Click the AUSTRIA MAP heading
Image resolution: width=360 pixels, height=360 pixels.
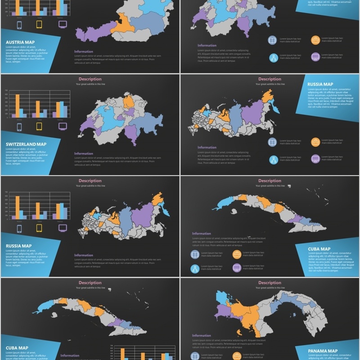tap(20, 42)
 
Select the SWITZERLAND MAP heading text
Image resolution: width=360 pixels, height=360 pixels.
tap(26, 144)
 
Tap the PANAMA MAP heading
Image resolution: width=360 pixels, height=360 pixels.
tap(323, 351)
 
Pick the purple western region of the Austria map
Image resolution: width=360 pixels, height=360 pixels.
tap(92, 33)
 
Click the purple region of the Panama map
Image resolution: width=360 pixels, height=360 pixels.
tap(224, 311)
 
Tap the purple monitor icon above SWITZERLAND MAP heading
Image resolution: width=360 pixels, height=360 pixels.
tap(63, 126)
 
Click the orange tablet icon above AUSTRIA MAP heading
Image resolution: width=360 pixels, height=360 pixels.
tap(39, 24)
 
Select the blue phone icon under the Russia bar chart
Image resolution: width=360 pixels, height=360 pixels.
tap(19, 228)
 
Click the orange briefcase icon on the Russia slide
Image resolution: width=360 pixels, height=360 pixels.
tap(315, 142)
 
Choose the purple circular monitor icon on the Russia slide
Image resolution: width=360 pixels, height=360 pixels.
tap(315, 158)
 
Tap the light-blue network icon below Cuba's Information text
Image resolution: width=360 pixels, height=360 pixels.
tap(195, 269)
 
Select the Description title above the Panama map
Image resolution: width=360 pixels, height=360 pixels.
tap(270, 283)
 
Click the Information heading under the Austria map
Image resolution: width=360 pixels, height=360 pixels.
tap(84, 52)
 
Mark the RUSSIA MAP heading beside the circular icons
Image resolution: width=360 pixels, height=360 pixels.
tap(320, 84)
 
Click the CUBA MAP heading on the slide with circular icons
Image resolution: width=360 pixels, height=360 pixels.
tap(319, 249)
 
